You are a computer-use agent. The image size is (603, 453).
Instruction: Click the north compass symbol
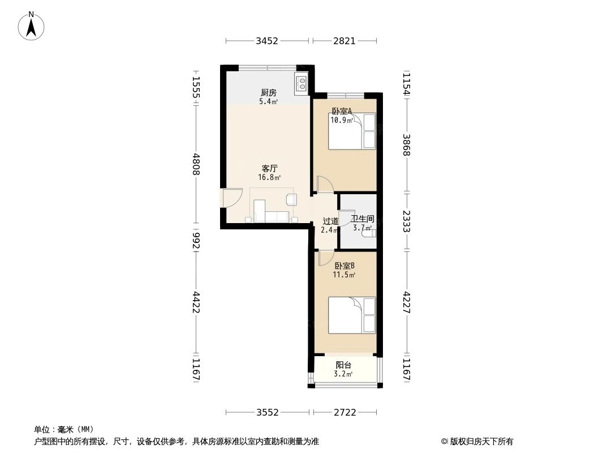[x=31, y=25]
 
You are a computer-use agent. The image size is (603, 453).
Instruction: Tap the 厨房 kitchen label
[x=269, y=93]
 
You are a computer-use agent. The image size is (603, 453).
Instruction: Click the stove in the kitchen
[x=302, y=84]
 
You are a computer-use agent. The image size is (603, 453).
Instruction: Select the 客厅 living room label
[x=269, y=168]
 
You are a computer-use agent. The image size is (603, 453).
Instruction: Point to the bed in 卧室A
[x=352, y=131]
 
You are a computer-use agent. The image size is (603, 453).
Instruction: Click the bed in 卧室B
[x=352, y=315]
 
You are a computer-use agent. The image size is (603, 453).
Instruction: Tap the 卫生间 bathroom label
[x=362, y=219]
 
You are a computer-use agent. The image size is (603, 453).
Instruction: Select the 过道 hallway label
[x=330, y=221]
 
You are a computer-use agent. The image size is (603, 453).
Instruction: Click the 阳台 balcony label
[x=343, y=365]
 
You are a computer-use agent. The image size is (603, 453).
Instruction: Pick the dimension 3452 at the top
[x=267, y=41]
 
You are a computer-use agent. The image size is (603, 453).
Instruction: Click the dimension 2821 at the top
[x=344, y=41]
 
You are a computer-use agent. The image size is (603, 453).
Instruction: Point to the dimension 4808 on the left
[x=196, y=164]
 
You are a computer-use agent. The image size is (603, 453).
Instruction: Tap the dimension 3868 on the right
[x=406, y=146]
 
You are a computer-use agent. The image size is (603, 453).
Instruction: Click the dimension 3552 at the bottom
[x=267, y=412]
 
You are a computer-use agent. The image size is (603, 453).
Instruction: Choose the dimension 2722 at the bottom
[x=344, y=412]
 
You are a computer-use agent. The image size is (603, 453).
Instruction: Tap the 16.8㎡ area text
[x=269, y=177]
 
